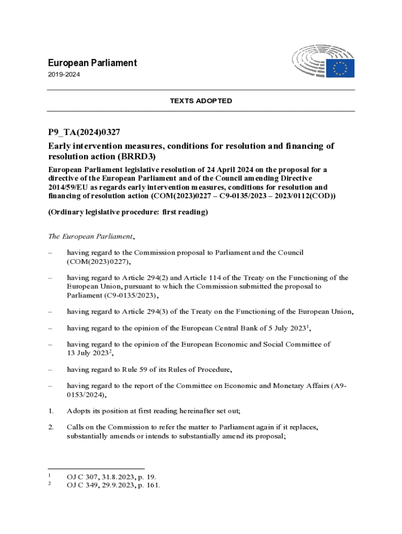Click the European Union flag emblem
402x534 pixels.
(x=340, y=68)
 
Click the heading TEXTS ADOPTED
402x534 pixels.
(x=200, y=101)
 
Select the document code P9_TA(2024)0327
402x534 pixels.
(x=85, y=132)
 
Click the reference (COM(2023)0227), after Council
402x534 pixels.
(x=98, y=261)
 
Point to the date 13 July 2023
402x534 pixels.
(x=87, y=353)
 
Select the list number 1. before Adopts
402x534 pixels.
(x=51, y=410)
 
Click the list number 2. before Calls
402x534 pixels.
(x=51, y=427)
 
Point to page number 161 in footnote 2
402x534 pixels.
(x=153, y=486)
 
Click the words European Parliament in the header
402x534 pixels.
(x=92, y=63)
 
